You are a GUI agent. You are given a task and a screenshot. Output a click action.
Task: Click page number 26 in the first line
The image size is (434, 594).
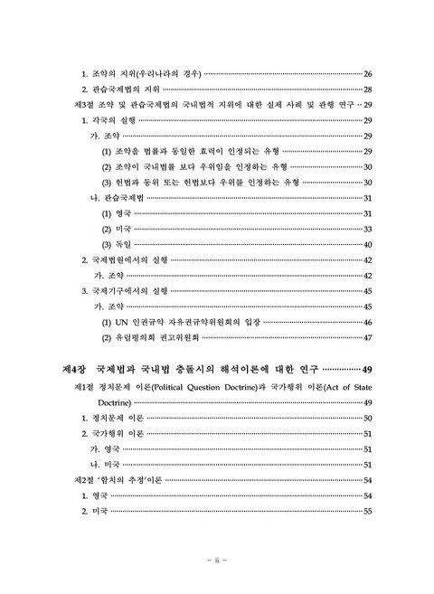coord(368,71)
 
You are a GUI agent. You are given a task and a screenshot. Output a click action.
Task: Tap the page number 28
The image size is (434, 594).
coord(368,89)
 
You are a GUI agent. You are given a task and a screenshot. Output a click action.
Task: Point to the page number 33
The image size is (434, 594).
coord(368,229)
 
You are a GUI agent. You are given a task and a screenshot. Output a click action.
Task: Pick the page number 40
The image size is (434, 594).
coord(368,245)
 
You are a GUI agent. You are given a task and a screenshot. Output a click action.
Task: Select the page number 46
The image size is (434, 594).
coord(368,323)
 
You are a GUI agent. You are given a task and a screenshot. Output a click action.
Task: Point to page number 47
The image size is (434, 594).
coord(368,339)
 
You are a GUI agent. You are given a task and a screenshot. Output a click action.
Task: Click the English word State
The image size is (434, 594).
coord(360,386)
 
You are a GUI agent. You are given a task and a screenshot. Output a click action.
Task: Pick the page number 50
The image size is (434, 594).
coord(368,418)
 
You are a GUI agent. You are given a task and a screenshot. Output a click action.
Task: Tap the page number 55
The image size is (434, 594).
coord(368,512)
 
